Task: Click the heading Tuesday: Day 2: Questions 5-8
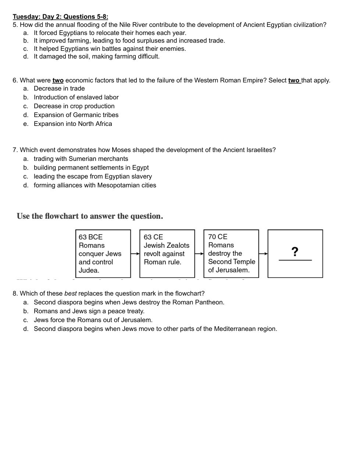pos(60,17)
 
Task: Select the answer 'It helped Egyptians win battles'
pos(110,49)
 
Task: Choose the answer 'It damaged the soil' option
pos(96,56)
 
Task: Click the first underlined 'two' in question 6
pos(58,80)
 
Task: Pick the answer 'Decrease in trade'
pos(59,88)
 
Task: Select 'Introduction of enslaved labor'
pos(76,97)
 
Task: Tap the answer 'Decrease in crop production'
pos(74,106)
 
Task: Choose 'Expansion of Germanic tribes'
pos(76,115)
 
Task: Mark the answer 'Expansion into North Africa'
pos(73,124)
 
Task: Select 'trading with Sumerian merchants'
pos(81,159)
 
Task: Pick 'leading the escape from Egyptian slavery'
pos(93,176)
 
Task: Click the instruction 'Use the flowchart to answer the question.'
pos(90,216)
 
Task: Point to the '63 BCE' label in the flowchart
pos(90,237)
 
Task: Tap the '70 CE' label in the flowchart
pos(218,237)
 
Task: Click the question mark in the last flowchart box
pos(295,252)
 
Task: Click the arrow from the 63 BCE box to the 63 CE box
pos(135,254)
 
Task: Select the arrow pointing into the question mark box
pos(263,254)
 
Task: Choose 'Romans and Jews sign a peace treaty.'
pos(89,311)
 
